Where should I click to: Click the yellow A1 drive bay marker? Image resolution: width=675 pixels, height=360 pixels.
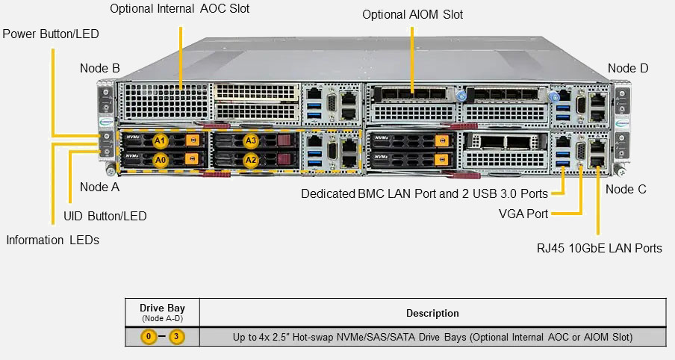160,140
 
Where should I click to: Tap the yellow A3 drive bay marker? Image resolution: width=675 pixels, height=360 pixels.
251,140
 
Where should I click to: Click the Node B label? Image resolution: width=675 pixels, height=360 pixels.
100,69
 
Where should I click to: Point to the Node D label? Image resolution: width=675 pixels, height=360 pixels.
628,69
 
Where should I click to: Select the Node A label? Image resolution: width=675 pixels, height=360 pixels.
99,187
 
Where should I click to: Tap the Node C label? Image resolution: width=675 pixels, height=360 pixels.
626,189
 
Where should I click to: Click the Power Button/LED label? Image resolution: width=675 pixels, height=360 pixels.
51,34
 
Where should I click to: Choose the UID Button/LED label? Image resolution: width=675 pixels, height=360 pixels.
105,216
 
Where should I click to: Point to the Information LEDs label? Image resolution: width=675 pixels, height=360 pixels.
52,240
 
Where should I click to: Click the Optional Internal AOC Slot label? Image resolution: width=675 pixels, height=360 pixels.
180,9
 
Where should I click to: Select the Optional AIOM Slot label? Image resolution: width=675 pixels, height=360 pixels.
412,15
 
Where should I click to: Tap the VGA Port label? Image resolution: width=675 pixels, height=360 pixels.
523,214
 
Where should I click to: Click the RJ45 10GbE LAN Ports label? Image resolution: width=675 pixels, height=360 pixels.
600,248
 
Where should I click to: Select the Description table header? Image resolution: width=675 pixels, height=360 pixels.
432,313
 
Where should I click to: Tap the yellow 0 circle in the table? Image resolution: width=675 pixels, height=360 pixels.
149,337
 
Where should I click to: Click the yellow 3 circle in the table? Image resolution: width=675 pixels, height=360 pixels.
175,337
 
